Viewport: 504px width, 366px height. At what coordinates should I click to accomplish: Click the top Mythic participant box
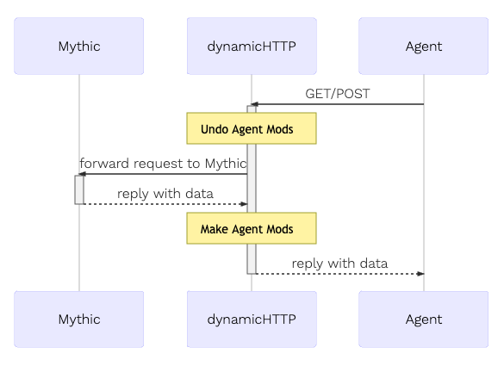click(x=78, y=46)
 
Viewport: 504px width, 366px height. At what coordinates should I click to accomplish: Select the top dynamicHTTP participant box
click(x=252, y=46)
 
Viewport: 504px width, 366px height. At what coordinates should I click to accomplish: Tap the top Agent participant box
click(x=424, y=46)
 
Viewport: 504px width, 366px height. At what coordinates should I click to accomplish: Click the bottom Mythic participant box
click(x=78, y=319)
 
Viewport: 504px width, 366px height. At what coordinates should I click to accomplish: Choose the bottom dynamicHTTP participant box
click(x=252, y=319)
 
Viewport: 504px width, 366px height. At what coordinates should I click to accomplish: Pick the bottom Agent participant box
click(x=424, y=319)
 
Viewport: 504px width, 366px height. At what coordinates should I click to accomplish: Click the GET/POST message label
click(x=338, y=94)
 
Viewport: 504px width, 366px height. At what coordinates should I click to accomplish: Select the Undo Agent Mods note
click(x=252, y=128)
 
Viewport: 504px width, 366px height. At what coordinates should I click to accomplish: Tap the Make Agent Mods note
click(x=252, y=228)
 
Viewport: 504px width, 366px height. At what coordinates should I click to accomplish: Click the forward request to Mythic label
click(x=163, y=164)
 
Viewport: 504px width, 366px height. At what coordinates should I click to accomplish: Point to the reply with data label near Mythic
click(x=165, y=194)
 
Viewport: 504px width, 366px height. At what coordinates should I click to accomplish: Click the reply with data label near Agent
click(x=339, y=264)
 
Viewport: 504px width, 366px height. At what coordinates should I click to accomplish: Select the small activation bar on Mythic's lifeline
click(x=79, y=189)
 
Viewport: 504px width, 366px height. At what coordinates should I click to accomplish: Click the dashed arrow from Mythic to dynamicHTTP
click(x=165, y=204)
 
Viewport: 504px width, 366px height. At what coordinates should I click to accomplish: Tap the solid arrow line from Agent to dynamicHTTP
click(x=338, y=104)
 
